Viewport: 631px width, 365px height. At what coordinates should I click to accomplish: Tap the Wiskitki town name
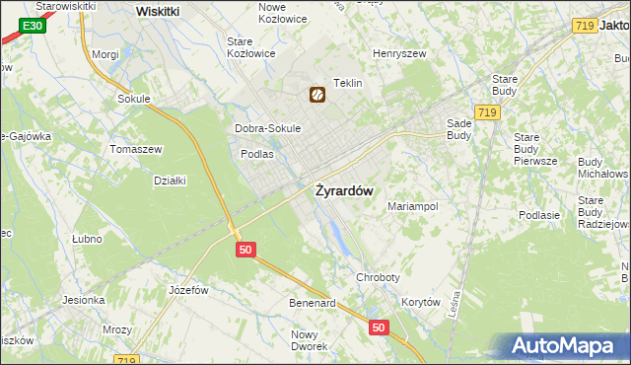157,11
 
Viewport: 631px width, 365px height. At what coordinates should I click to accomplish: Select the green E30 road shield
32,25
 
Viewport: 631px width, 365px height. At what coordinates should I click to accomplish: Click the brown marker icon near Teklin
317,95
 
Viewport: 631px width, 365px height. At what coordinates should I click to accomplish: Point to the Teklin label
349,84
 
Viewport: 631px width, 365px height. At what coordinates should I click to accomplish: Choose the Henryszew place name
398,53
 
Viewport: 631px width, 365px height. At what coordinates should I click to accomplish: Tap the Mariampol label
412,207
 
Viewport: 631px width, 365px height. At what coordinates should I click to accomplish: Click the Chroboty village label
378,278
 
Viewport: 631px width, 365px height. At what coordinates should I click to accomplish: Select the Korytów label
421,303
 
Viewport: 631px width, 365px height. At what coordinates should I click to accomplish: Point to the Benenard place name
313,303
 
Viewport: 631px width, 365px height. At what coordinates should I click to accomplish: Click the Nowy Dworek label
309,340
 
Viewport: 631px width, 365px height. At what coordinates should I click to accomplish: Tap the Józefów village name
188,290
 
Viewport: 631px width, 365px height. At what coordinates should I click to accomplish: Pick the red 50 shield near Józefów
246,250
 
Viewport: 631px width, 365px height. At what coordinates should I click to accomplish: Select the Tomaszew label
135,148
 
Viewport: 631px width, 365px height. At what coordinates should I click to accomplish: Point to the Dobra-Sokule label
267,128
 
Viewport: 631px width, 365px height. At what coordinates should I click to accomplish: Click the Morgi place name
105,55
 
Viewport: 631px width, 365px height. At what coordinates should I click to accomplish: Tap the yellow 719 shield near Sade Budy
485,113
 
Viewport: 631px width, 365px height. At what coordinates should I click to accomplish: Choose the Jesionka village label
84,300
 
